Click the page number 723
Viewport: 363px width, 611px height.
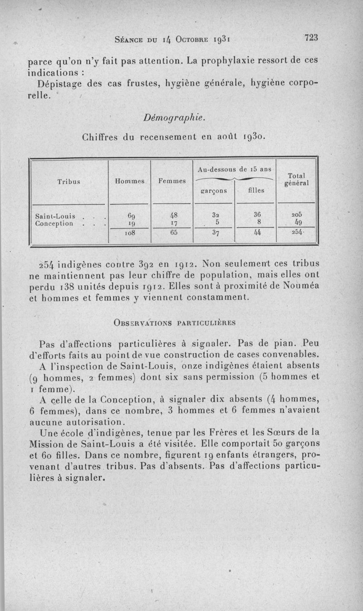pyautogui.click(x=311, y=38)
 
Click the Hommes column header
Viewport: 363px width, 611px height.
pyautogui.click(x=129, y=181)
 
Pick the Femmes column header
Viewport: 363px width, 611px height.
pyautogui.click(x=172, y=181)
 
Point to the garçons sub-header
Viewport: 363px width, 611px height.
pyautogui.click(x=213, y=191)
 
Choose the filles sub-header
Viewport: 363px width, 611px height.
pyautogui.click(x=256, y=191)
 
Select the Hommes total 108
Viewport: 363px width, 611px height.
pyautogui.click(x=129, y=234)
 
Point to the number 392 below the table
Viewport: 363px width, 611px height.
pyautogui.click(x=149, y=264)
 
